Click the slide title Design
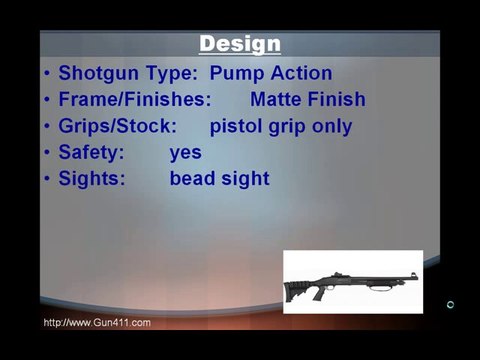pos(239,44)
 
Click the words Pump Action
pos(271,73)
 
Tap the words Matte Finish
pos(307,100)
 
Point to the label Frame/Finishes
pos(134,100)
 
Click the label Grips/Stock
pos(117,127)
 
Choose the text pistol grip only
pos(280,127)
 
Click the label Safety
pos(91,153)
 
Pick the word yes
pos(185,153)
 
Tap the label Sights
pos(91,179)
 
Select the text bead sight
pos(219,179)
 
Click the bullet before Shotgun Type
pos(48,74)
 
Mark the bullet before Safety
pos(48,153)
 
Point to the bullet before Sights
pos(48,179)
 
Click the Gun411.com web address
pos(97,322)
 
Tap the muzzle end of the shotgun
pos(414,273)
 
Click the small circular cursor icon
pos(450,304)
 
